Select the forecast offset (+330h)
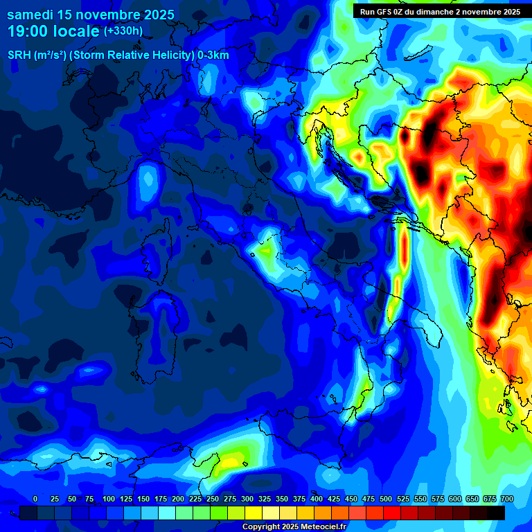[123, 31]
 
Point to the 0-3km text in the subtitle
[213, 55]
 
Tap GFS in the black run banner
[384, 12]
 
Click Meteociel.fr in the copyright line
[319, 527]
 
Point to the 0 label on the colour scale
[35, 499]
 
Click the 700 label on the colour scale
[507, 499]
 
